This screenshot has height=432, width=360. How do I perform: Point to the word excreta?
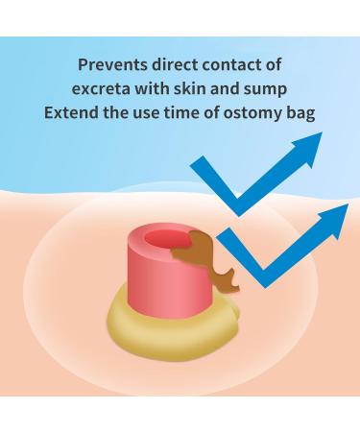pyautogui.click(x=103, y=89)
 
